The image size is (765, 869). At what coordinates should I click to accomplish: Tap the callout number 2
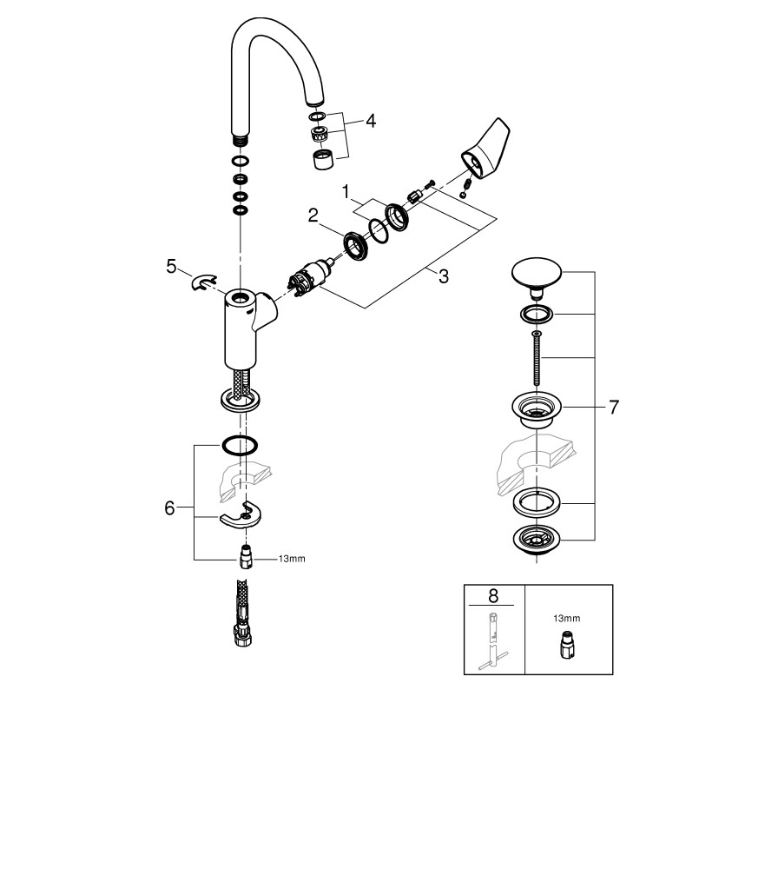(x=313, y=216)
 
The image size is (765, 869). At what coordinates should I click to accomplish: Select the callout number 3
(x=443, y=277)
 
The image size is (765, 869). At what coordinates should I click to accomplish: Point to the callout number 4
(x=371, y=121)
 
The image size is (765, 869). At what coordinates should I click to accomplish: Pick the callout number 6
(x=170, y=507)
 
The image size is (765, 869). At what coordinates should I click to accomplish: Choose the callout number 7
(x=613, y=407)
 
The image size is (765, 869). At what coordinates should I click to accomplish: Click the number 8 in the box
(x=494, y=595)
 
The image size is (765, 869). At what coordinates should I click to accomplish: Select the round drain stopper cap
(x=535, y=275)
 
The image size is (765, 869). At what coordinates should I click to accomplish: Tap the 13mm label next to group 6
(x=292, y=559)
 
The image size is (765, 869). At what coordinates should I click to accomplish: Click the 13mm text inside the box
(x=566, y=618)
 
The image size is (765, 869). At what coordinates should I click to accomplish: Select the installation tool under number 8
(x=492, y=644)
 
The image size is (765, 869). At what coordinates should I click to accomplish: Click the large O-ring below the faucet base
(x=240, y=446)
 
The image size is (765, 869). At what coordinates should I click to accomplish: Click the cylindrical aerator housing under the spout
(x=321, y=159)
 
